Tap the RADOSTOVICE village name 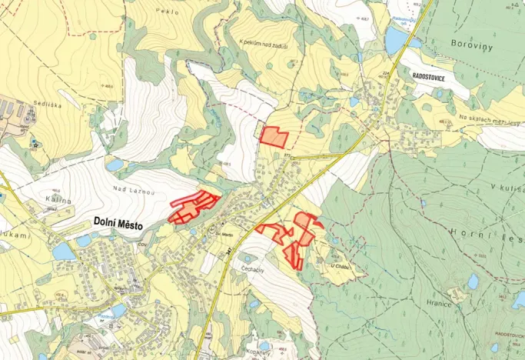[434, 78]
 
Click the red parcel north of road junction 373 [274, 137]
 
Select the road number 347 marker [228, 243]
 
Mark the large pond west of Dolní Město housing [64, 252]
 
